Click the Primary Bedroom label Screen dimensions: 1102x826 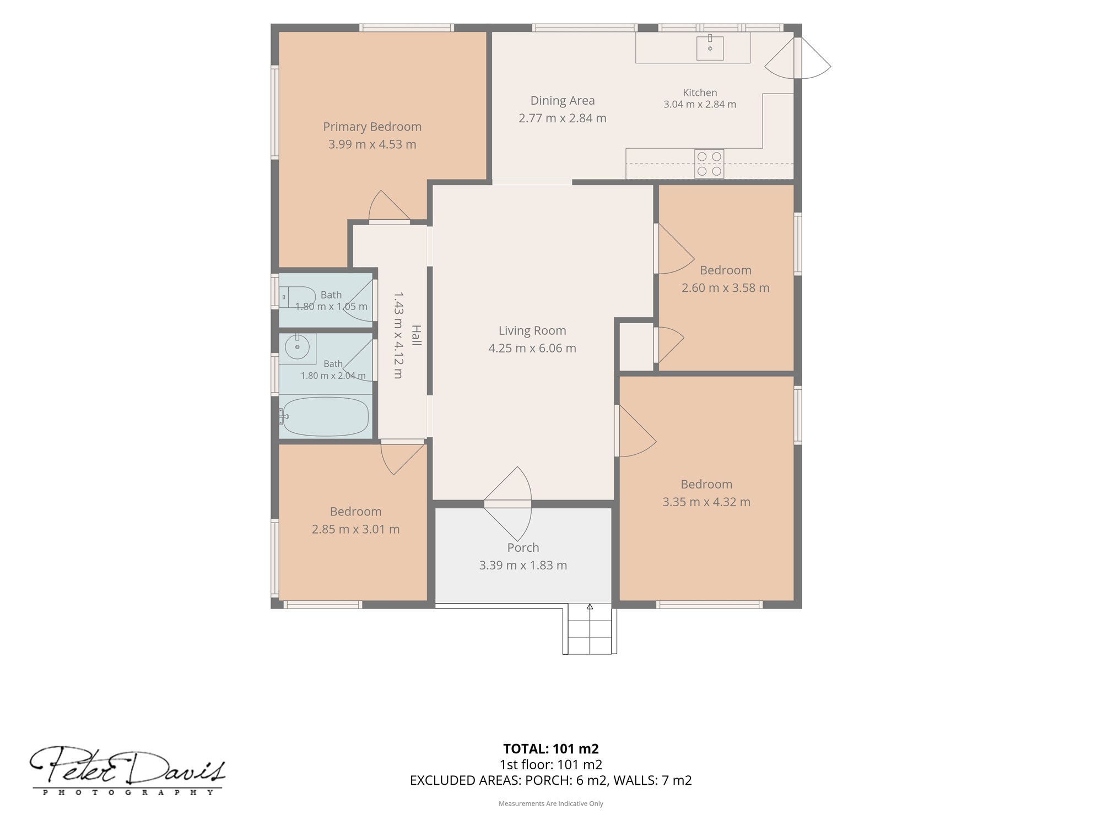coord(372,127)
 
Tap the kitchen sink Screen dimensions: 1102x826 coord(710,47)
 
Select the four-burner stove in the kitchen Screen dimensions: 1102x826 coord(709,164)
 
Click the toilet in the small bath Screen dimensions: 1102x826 coord(298,297)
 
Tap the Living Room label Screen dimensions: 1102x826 coord(532,330)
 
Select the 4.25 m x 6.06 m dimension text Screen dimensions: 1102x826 coord(532,348)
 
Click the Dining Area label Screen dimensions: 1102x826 coord(563,101)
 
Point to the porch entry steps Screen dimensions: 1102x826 coord(590,628)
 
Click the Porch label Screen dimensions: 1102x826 coord(523,547)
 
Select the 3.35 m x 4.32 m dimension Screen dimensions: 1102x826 coord(706,502)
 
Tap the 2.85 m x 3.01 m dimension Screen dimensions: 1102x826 coord(356,529)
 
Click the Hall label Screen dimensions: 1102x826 coord(417,335)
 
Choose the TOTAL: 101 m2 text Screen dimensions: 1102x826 coord(551,748)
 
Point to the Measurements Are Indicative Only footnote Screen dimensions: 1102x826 coord(551,803)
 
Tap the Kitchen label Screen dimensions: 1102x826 coord(700,93)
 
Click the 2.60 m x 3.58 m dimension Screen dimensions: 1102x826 coord(726,287)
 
